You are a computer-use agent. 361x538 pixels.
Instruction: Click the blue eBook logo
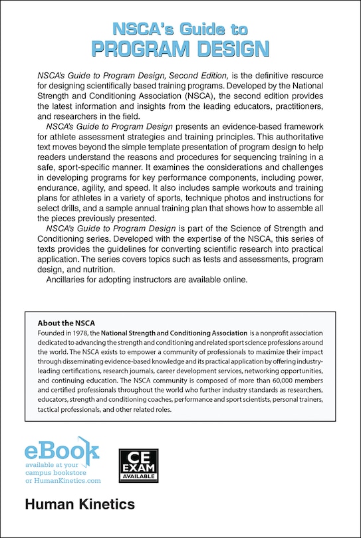pos(61,452)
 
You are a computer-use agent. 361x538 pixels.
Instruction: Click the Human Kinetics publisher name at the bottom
pos(80,505)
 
